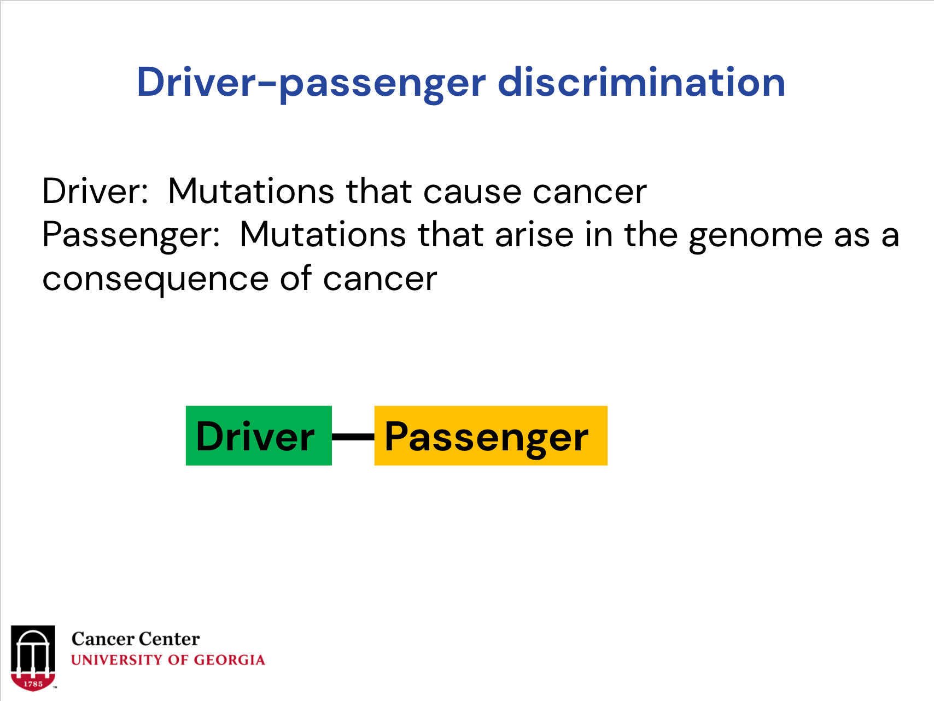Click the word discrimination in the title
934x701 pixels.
coord(641,82)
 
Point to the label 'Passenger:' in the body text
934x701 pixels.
coord(131,236)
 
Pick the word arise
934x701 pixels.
coord(534,235)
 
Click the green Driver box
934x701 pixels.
coord(259,436)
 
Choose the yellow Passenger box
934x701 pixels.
coord(491,436)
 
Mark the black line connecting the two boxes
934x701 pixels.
coord(353,436)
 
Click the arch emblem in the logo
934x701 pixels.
coord(33,658)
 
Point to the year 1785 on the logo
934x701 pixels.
coord(33,683)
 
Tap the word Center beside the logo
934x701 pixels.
coord(169,639)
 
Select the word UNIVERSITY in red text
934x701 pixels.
coord(117,660)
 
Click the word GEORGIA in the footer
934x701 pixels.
coord(230,660)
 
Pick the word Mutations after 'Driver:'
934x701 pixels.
coord(251,191)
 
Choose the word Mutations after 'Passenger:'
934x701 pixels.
coord(323,235)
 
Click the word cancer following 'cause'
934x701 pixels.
coord(589,192)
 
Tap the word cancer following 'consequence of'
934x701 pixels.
coord(380,280)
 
